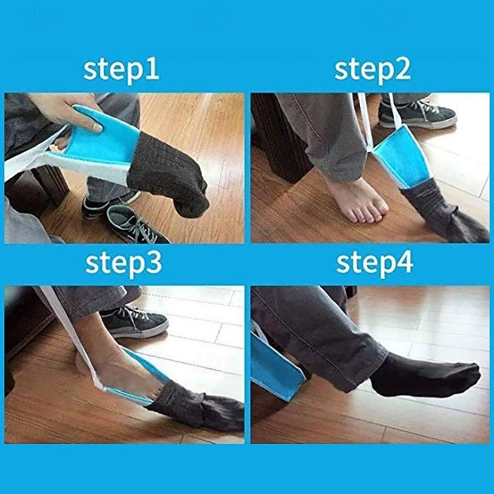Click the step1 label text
[121, 69]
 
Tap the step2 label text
[372, 69]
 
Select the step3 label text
[124, 262]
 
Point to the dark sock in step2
[442, 213]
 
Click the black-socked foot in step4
[426, 377]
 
